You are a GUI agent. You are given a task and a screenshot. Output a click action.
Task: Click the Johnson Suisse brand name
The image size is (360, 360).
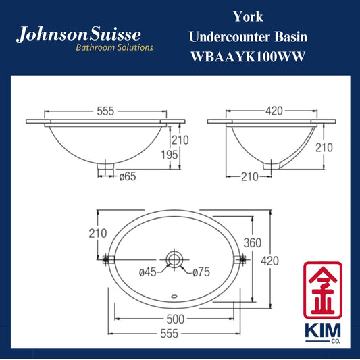(78, 34)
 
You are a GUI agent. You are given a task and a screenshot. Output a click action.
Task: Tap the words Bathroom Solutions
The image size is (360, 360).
(114, 47)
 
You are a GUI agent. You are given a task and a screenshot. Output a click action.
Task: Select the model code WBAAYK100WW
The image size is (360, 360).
(248, 57)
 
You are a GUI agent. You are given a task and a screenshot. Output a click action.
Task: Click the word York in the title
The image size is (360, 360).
(248, 17)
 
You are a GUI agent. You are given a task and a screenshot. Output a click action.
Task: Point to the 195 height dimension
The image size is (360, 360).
(170, 155)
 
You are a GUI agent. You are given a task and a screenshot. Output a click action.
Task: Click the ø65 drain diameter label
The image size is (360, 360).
(128, 176)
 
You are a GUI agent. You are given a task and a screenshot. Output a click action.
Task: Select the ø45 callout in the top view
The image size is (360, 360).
(148, 272)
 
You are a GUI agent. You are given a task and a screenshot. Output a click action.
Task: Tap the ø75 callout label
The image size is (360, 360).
(201, 272)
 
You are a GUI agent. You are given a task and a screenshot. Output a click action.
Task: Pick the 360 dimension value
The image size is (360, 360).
(253, 243)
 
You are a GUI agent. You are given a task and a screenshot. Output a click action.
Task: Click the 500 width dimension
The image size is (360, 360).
(175, 319)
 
